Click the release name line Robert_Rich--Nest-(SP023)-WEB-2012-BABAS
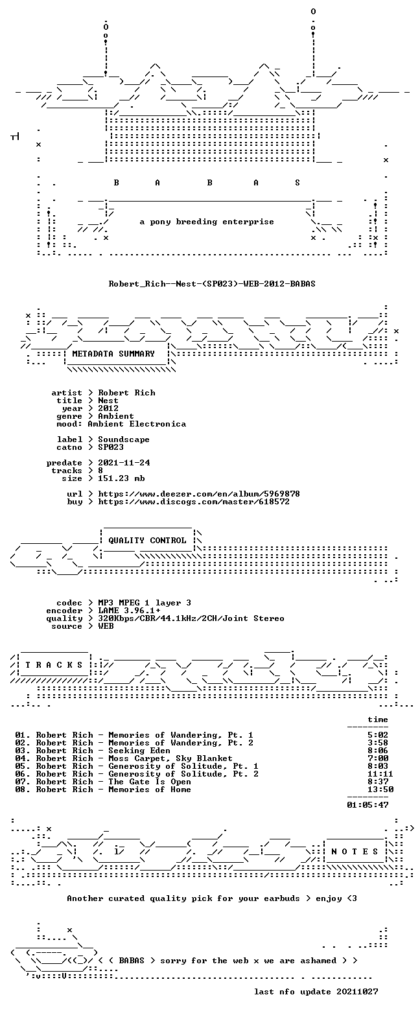[x=211, y=284]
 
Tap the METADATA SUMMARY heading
[x=113, y=353]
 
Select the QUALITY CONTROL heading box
[x=147, y=541]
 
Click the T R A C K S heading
[x=54, y=664]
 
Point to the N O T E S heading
[x=355, y=851]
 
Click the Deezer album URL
[x=199, y=493]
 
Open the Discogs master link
[x=194, y=501]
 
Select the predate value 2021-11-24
[x=124, y=463]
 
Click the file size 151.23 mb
[x=121, y=478]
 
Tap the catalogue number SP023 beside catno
[x=111, y=447]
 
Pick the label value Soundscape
[x=123, y=439]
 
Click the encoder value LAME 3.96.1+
[x=129, y=611]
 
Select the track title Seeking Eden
[x=139, y=751]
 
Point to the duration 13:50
[x=380, y=790]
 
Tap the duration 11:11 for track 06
[x=380, y=774]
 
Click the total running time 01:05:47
[x=367, y=804]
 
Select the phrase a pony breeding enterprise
[x=207, y=222]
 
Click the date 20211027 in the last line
[x=357, y=992]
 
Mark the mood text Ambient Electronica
[x=137, y=424]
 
